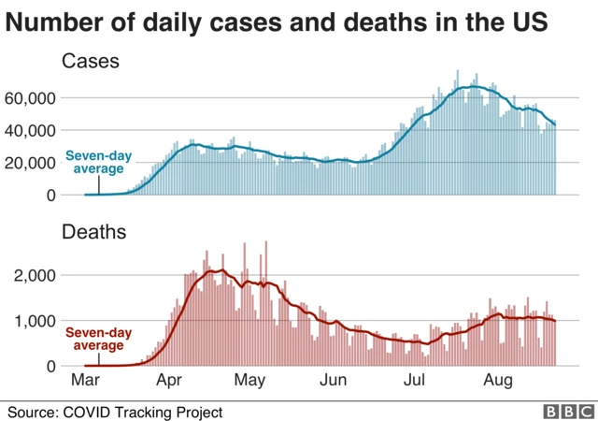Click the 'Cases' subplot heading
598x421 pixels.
91,63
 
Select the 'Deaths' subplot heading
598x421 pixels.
95,232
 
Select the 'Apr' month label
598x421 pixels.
168,382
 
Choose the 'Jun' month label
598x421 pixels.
334,382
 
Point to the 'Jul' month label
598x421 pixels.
415,382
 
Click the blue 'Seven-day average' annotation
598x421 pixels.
93,162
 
